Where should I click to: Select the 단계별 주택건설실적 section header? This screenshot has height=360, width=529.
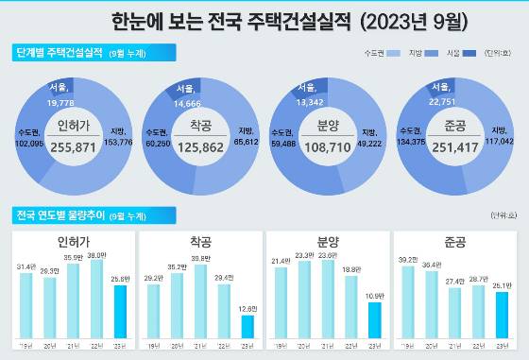tap(58, 54)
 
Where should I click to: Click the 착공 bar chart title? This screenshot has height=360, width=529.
tap(202, 240)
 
